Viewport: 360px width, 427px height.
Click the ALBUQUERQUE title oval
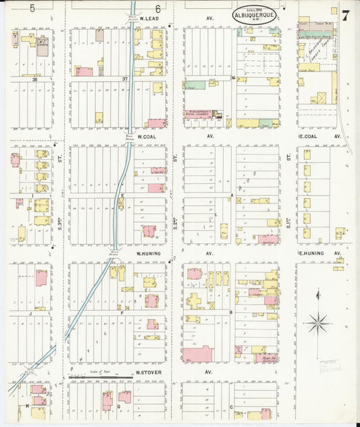click(255, 14)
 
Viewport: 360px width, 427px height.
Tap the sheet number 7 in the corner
click(346, 16)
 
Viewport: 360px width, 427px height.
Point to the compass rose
click(317, 323)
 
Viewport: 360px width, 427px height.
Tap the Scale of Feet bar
click(101, 375)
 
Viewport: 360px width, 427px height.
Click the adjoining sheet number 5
click(32, 8)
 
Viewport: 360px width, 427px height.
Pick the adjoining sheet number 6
click(157, 8)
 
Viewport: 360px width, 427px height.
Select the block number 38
click(32, 78)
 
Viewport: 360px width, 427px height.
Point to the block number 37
click(124, 78)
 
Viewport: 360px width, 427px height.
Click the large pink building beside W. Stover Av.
click(197, 353)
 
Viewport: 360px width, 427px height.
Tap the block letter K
click(26, 406)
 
